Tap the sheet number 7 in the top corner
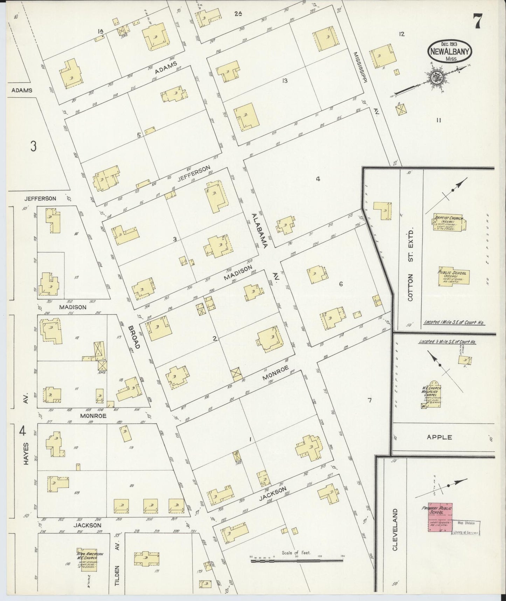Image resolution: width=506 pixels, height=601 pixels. (x=477, y=22)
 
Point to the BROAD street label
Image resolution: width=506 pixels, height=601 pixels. (x=134, y=337)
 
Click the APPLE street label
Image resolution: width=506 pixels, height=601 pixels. (x=439, y=437)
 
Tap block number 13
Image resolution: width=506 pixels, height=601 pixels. (x=284, y=81)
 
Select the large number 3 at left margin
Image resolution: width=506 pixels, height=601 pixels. (x=33, y=146)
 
